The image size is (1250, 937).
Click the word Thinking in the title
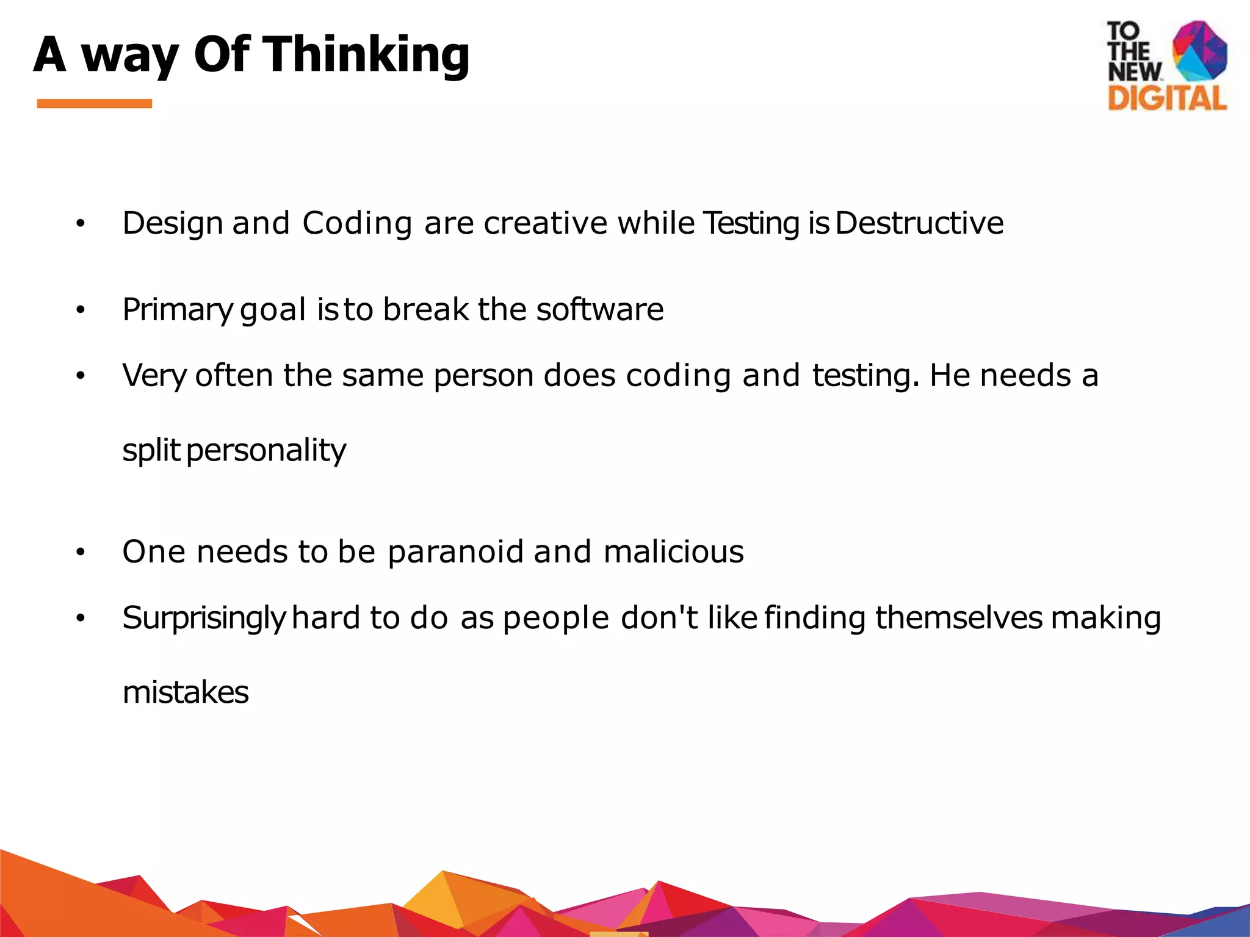[x=366, y=55]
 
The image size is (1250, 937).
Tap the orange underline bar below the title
[x=95, y=104]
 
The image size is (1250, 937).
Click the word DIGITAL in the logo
[x=1167, y=98]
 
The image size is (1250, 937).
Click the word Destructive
[x=919, y=223]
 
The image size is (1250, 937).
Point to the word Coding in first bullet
[x=357, y=223]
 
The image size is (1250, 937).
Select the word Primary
[x=178, y=310]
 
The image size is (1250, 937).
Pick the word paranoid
[x=455, y=551]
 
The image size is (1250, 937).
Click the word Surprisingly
[x=204, y=618]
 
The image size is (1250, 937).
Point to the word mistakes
[x=186, y=693]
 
